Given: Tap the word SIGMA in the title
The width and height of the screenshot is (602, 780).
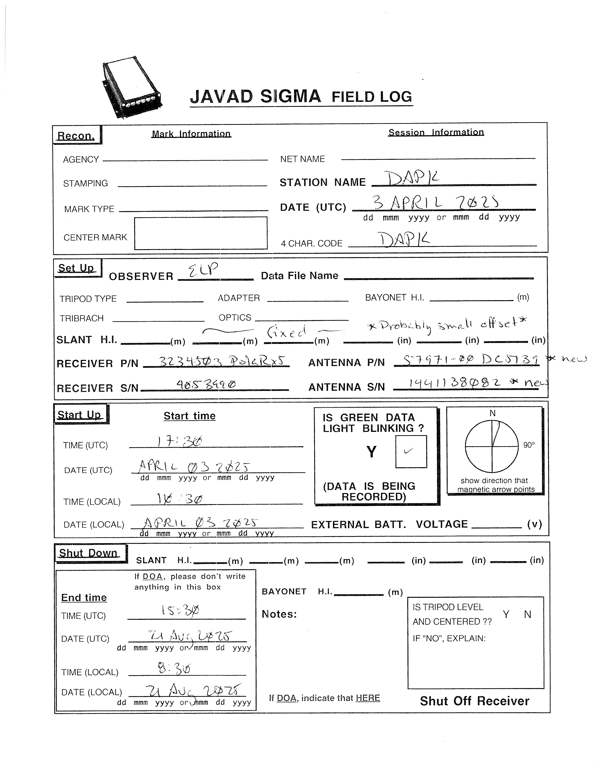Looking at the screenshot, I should coord(290,96).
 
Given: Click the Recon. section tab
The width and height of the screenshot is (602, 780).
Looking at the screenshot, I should coord(76,136).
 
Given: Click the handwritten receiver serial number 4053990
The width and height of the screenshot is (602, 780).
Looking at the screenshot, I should coord(206,384).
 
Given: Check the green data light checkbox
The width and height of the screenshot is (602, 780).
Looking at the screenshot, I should coord(411,451).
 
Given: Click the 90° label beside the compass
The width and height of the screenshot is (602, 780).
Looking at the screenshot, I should coord(529,445).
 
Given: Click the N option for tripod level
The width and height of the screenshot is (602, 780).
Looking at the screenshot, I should coord(527,614).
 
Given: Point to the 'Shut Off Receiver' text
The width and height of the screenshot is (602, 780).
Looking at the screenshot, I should coord(474,701).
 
